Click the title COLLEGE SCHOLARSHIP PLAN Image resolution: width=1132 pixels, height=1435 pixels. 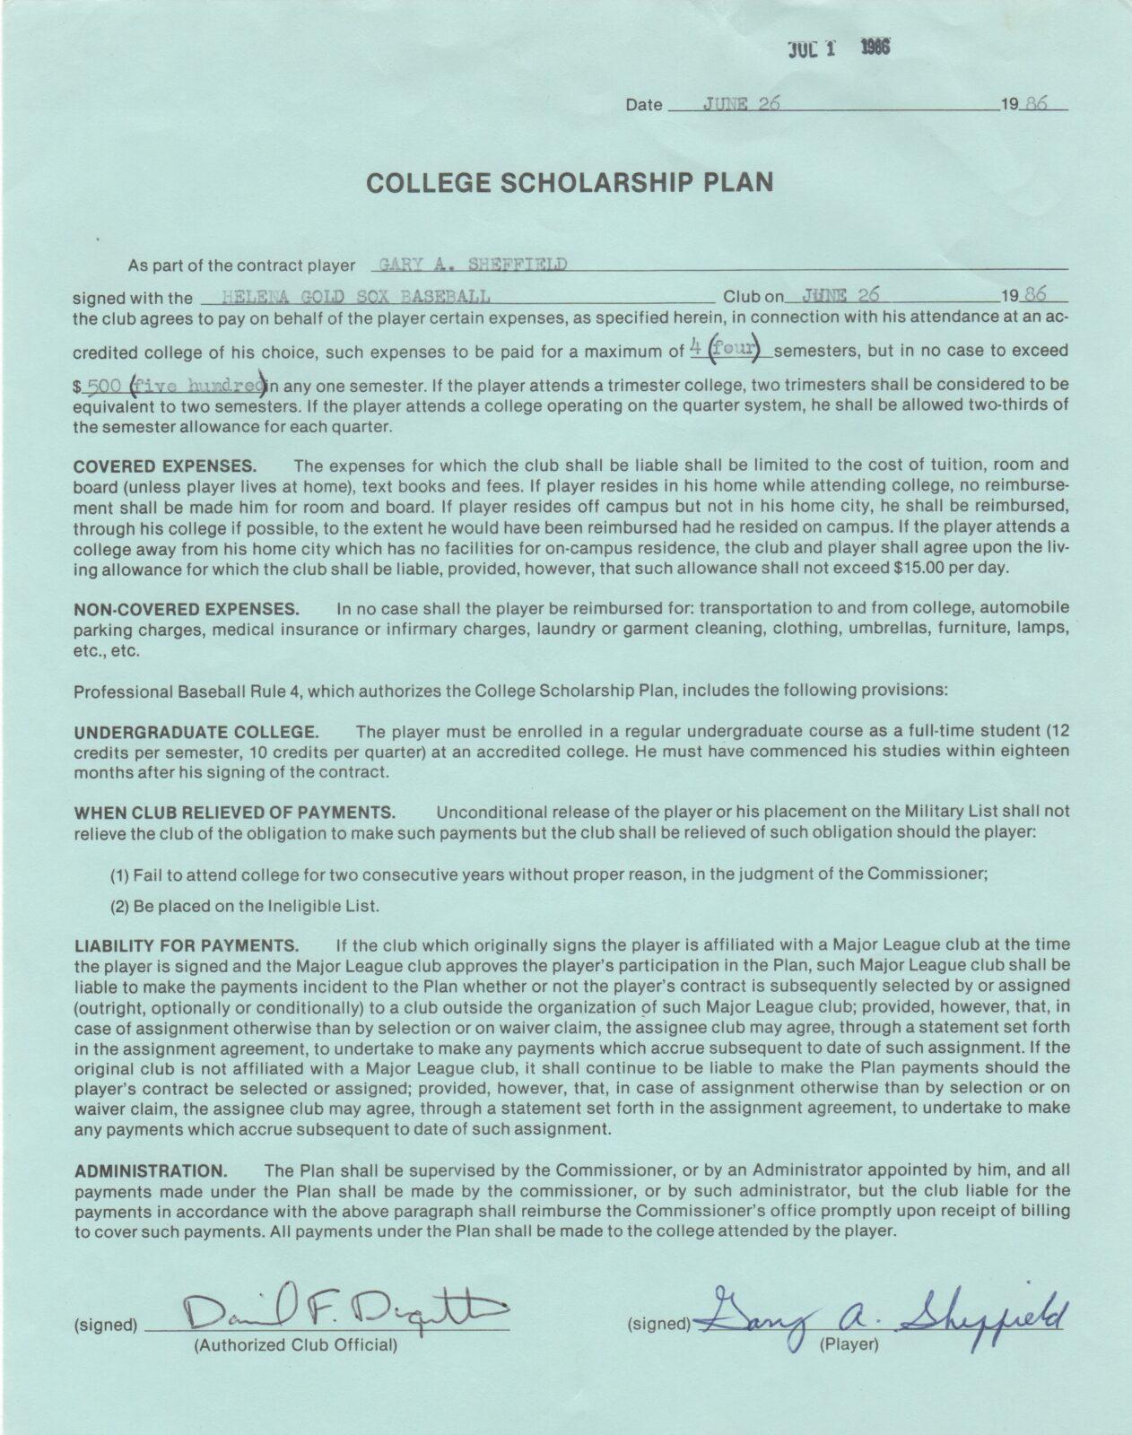coord(570,182)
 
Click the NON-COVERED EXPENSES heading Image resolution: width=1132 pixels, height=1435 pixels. coord(186,609)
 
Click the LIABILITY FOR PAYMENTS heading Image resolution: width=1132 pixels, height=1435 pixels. coord(186,945)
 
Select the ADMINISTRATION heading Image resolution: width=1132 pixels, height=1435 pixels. coord(151,1171)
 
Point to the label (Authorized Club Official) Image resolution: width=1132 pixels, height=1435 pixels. coord(296,1344)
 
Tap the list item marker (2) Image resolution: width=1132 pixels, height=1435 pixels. coord(121,906)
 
